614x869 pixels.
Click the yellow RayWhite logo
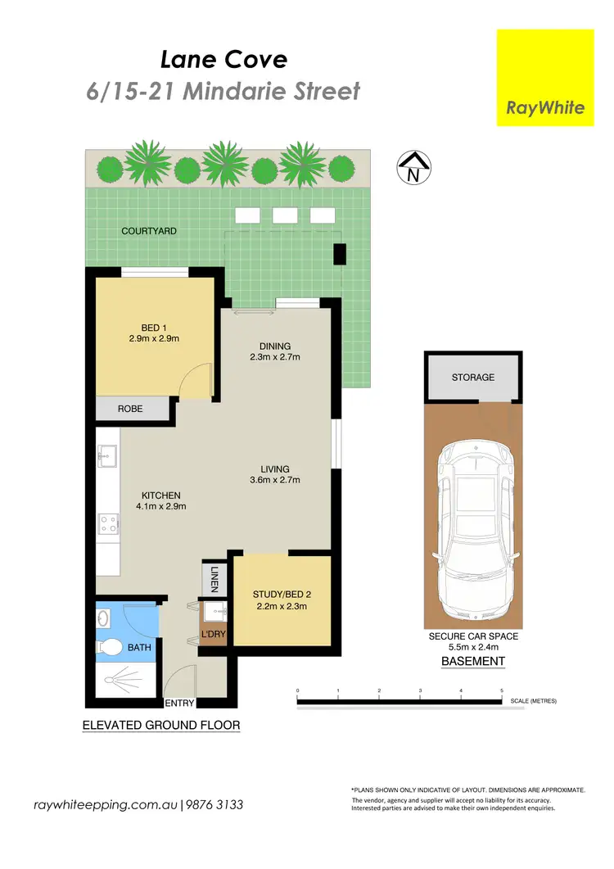pyautogui.click(x=546, y=78)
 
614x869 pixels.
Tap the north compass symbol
pyautogui.click(x=413, y=168)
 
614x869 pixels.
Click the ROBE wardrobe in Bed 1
pyautogui.click(x=129, y=408)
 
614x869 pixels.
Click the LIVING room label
pyautogui.click(x=275, y=468)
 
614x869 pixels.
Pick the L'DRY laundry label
pyautogui.click(x=214, y=635)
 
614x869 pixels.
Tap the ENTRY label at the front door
pyautogui.click(x=180, y=704)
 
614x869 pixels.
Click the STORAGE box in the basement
pyautogui.click(x=472, y=378)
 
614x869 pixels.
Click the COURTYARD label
pyautogui.click(x=149, y=231)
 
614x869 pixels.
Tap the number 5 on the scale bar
pyautogui.click(x=502, y=691)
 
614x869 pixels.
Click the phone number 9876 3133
pyautogui.click(x=214, y=805)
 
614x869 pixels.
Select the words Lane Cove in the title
pyautogui.click(x=223, y=59)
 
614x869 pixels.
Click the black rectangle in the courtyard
pyautogui.click(x=339, y=254)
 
